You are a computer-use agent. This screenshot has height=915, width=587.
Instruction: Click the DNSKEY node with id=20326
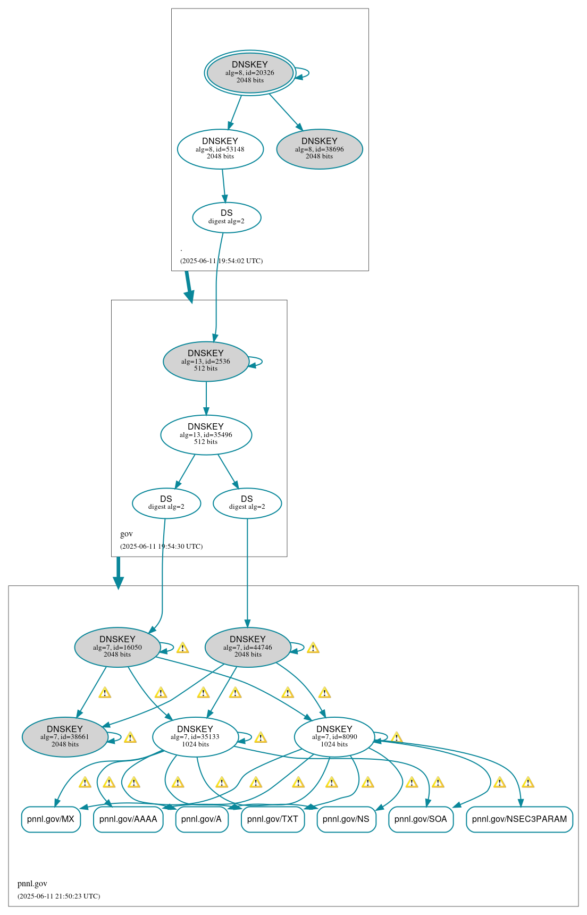coord(250,73)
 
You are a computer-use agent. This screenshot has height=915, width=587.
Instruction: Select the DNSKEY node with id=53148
coord(220,149)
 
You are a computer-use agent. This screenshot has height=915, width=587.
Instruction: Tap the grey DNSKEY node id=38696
coord(320,149)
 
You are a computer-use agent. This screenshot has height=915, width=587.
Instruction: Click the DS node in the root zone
coord(227,217)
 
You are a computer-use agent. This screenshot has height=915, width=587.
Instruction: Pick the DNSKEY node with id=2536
coord(206,361)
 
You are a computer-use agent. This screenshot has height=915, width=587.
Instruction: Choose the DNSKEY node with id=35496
coord(206,434)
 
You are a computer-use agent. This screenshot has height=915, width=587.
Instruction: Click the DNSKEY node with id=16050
coord(118,647)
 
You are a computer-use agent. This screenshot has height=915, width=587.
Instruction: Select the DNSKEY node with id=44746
coord(248,647)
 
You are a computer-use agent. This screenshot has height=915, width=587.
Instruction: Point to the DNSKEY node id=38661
coord(65,737)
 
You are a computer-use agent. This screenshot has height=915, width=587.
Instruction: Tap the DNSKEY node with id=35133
coord(195,737)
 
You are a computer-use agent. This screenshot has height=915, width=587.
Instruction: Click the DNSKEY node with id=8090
coord(334,737)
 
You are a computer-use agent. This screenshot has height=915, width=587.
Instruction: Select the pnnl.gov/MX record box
coord(51,819)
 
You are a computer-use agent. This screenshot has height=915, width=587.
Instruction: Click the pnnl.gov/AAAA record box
coord(128,819)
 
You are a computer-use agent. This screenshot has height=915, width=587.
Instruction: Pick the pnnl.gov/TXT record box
coord(273,819)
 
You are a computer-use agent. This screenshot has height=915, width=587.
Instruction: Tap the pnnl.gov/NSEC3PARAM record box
coord(519,819)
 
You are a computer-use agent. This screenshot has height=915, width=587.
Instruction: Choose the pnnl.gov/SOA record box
coord(421,819)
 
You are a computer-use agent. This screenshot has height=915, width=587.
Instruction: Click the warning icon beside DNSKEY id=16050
coord(182,648)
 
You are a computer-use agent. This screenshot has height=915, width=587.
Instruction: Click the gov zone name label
coord(127,534)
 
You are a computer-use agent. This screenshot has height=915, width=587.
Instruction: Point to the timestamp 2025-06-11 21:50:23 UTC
coord(58,896)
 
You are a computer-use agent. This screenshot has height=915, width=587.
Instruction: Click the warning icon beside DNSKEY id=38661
coord(130,737)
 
